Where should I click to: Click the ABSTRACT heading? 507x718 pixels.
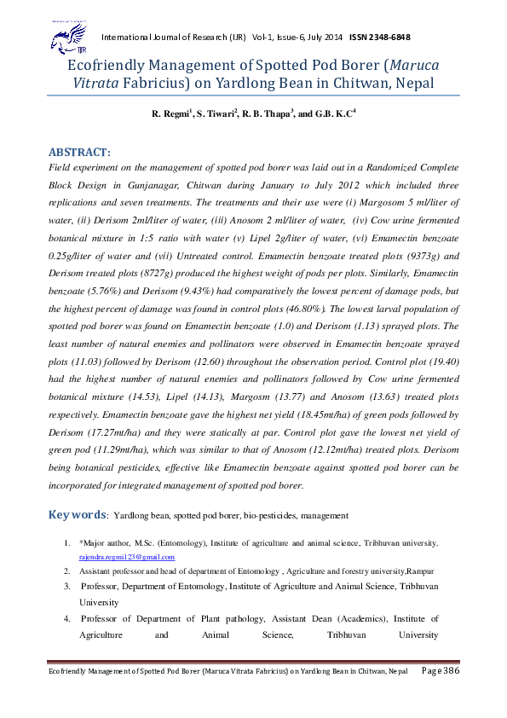tap(84, 152)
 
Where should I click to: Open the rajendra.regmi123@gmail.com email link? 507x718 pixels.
tap(127, 556)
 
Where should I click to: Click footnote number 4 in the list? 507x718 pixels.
tap(66, 618)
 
